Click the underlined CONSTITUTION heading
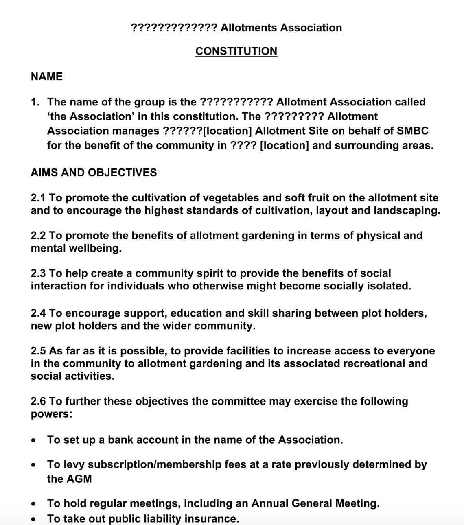click(236, 51)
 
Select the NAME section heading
click(46, 77)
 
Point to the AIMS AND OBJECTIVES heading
click(94, 173)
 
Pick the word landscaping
click(407, 211)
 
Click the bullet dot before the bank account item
click(33, 440)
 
